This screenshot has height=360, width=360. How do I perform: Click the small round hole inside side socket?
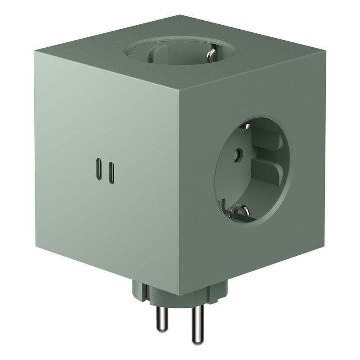click(234, 155)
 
